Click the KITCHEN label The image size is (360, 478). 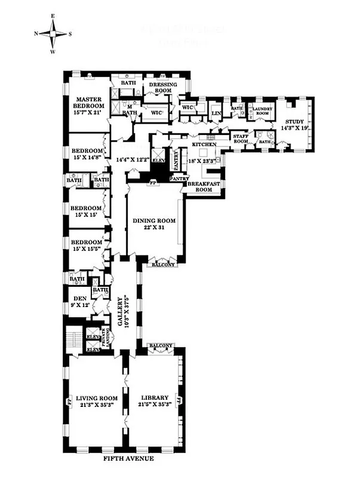203,145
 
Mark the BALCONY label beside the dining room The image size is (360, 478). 162,263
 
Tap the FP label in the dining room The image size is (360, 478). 152,182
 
